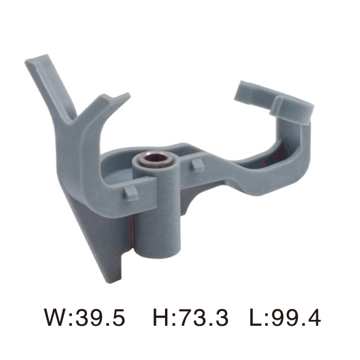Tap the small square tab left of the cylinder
click(x=130, y=191)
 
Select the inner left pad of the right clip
click(x=251, y=91)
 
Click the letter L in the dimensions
click(x=254, y=317)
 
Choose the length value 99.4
click(x=293, y=317)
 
